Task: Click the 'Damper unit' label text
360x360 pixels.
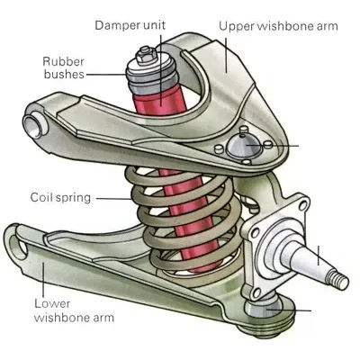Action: tap(130, 25)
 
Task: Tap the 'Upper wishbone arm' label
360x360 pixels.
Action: tap(278, 26)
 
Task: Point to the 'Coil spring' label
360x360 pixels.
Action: tap(60, 198)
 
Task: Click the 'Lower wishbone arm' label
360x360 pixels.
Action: tap(74, 310)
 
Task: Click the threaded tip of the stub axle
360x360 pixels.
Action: tap(338, 280)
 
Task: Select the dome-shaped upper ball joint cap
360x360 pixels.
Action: tap(243, 146)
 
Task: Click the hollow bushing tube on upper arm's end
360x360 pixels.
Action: tap(34, 124)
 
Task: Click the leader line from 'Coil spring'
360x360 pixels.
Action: tap(113, 198)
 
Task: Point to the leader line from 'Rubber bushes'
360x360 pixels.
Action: tap(105, 74)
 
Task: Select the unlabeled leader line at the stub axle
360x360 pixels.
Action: tap(318, 256)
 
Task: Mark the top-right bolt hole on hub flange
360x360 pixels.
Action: tap(303, 205)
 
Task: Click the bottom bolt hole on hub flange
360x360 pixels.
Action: tap(256, 293)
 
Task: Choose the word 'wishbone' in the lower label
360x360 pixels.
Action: tap(60, 317)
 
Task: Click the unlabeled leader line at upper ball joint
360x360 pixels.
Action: tap(272, 146)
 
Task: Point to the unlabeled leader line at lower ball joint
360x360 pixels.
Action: tap(289, 310)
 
